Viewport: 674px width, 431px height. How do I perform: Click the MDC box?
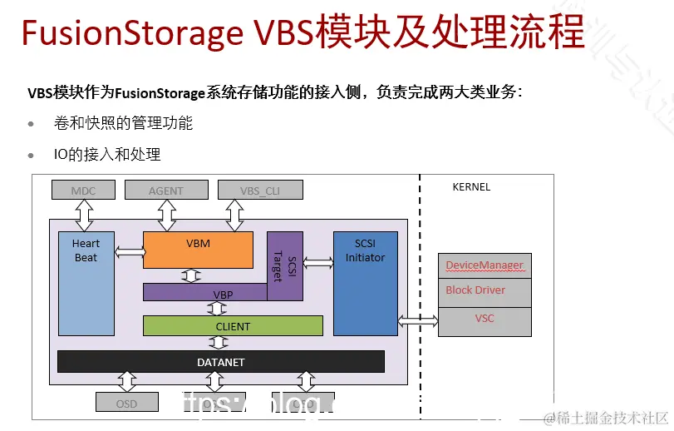point(83,191)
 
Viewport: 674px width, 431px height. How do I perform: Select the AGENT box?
point(166,191)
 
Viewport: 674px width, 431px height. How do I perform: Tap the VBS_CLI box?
point(259,191)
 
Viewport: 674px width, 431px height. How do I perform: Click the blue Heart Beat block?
point(86,283)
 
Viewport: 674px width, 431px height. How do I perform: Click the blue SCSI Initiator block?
point(365,283)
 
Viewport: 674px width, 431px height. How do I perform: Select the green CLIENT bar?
point(233,326)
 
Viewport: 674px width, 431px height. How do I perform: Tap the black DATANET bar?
point(220,362)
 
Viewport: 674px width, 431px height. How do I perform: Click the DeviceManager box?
point(484,265)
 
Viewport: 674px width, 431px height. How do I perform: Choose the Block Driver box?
point(484,291)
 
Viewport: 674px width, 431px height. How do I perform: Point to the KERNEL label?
point(471,187)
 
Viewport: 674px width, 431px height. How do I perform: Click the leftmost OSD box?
point(126,404)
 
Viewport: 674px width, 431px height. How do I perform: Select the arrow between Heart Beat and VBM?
point(129,251)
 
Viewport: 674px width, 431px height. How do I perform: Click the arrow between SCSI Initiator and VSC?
point(418,320)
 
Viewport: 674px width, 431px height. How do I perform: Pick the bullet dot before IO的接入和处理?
point(32,156)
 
